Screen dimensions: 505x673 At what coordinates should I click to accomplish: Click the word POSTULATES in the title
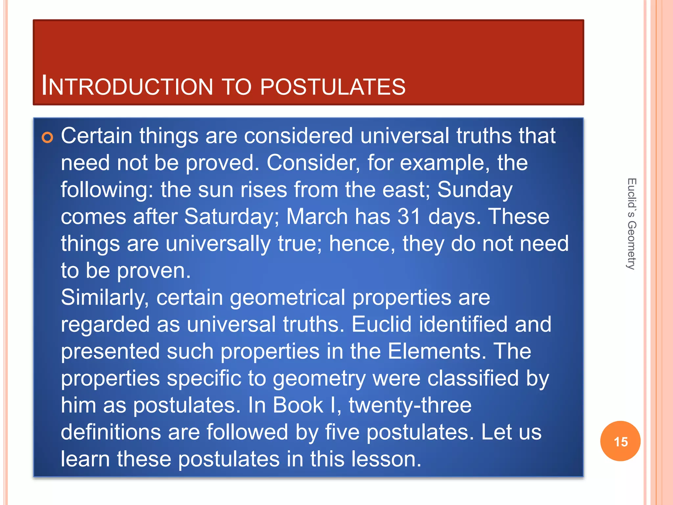pos(333,87)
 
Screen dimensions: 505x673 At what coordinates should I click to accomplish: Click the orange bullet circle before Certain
pos(48,137)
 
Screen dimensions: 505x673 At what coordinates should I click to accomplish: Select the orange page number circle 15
pos(620,441)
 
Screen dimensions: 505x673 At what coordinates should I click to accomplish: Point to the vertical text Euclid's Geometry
pos(631,224)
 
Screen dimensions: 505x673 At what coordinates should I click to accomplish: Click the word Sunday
pos(475,190)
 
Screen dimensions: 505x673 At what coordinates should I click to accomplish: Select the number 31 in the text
pos(409,217)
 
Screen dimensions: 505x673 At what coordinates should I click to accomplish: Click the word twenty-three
pos(410,405)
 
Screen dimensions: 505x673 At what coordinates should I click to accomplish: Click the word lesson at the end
pos(385,459)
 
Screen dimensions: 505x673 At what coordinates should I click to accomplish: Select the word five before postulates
pos(342,432)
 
